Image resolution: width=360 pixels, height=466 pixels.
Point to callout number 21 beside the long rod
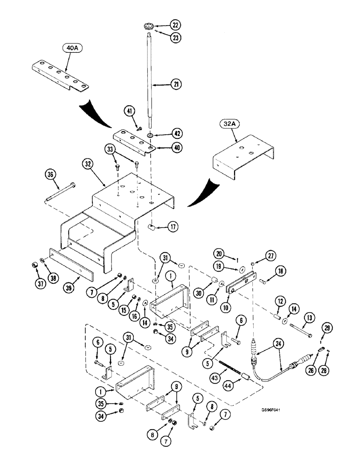point(163,85)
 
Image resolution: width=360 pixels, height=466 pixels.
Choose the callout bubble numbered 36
point(50,175)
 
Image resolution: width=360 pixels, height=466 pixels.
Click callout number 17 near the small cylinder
point(173,228)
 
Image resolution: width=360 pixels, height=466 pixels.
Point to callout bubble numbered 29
point(327,329)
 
